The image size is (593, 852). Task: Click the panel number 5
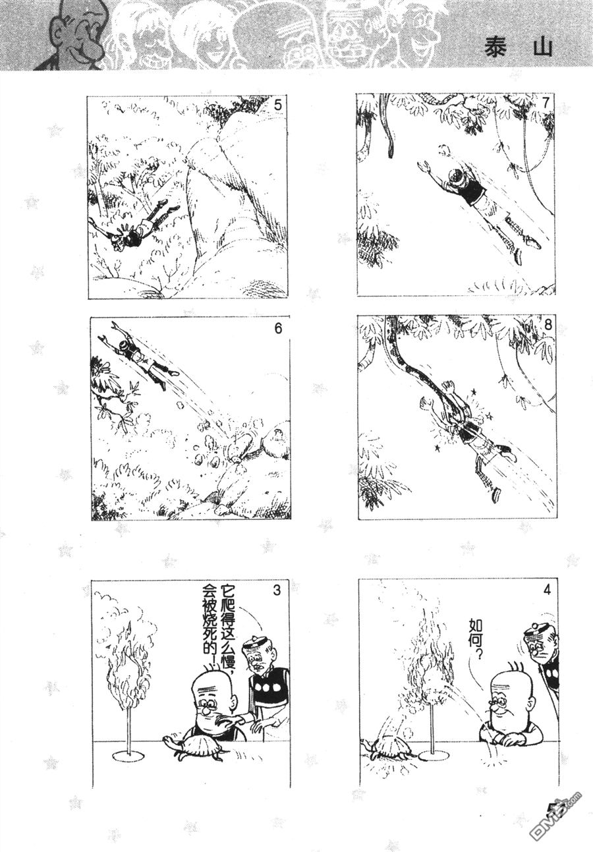(278, 105)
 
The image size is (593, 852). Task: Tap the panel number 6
(278, 328)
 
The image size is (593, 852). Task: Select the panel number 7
(546, 103)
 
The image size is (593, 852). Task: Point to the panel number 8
(548, 326)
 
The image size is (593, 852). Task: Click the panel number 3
(277, 590)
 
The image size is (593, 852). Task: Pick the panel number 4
(548, 592)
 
